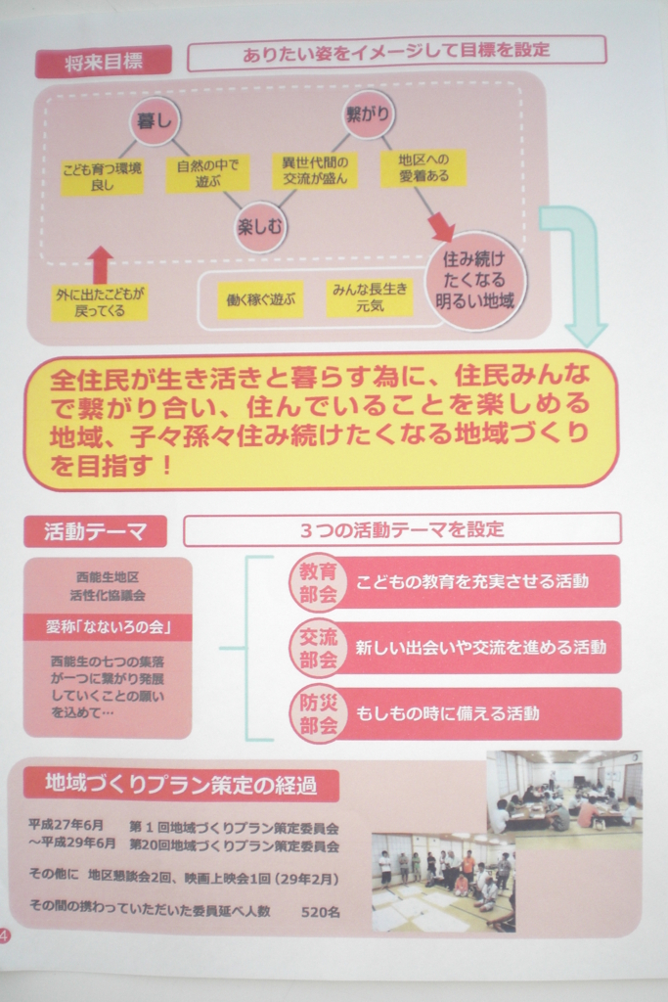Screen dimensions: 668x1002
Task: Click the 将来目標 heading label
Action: (104, 62)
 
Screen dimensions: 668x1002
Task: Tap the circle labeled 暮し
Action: (155, 119)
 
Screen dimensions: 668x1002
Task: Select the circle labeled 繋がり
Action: (367, 114)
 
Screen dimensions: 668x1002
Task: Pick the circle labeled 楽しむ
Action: (259, 227)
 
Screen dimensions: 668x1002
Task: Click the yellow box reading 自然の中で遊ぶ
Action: (207, 173)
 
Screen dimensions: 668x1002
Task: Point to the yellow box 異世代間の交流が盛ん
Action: (315, 170)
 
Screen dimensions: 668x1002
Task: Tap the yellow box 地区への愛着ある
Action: (423, 168)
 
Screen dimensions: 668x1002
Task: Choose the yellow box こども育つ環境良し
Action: (102, 176)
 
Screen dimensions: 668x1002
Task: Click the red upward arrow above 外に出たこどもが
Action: (101, 264)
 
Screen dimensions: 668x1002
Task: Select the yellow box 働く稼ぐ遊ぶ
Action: (260, 298)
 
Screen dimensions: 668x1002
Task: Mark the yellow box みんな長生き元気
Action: (370, 297)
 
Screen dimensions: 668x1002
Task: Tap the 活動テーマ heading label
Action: (95, 531)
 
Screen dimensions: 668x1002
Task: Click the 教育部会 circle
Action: (318, 582)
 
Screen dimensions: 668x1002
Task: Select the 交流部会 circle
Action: (318, 648)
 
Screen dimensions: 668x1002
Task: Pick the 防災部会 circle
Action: (318, 713)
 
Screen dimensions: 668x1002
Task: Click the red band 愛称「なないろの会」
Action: (108, 627)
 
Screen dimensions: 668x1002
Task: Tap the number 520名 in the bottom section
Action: (321, 911)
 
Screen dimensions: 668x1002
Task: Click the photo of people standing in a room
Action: (443, 882)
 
